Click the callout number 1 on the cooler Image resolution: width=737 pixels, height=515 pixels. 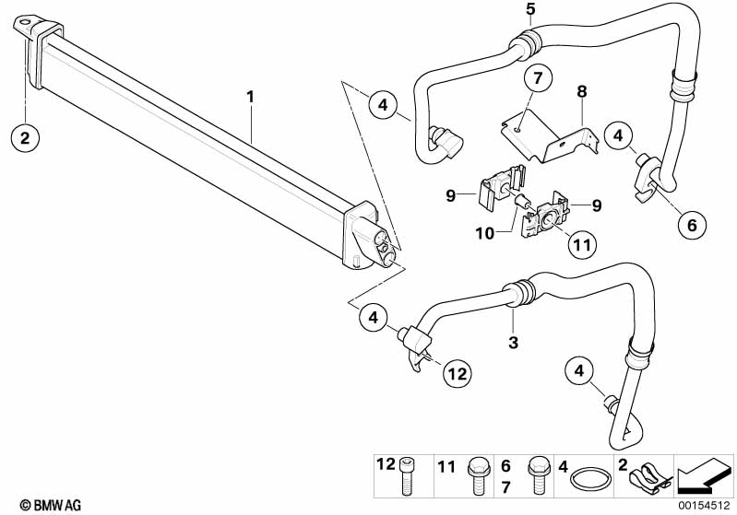249,96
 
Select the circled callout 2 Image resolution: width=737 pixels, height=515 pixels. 25,138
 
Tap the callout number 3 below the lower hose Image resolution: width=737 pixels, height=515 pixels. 514,343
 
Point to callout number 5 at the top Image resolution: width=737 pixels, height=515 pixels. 530,10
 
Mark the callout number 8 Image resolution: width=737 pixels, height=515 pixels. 582,92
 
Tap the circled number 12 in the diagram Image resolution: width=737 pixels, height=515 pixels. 458,373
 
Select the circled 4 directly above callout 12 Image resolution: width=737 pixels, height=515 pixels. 374,318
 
